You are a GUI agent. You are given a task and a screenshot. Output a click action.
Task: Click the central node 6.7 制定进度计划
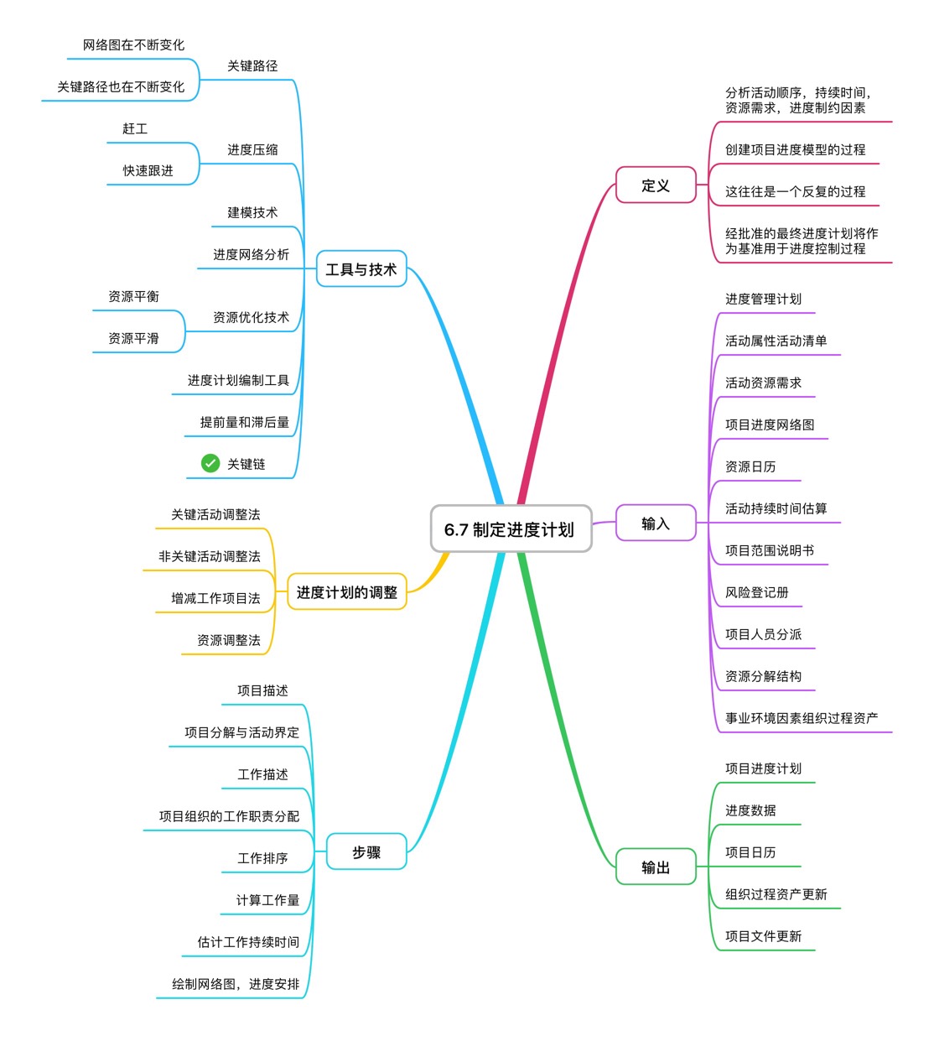click(x=511, y=529)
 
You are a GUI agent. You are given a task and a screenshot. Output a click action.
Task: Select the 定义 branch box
click(x=656, y=185)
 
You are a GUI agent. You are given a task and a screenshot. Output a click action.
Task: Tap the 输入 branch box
click(x=656, y=523)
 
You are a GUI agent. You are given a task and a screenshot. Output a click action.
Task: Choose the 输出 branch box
click(x=656, y=867)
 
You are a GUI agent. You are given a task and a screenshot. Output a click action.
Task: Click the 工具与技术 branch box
click(x=361, y=269)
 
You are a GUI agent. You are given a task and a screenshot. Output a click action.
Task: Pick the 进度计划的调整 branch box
click(x=346, y=592)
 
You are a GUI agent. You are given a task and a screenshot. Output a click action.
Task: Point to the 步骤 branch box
click(x=366, y=852)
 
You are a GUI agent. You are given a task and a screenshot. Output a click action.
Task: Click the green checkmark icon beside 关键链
click(x=210, y=463)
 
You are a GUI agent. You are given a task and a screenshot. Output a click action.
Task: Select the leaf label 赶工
click(x=135, y=128)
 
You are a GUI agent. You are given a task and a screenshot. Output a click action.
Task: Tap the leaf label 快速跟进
click(x=148, y=170)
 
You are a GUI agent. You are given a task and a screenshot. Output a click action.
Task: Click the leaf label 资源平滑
click(x=133, y=338)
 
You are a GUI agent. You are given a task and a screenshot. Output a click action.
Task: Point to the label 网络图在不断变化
click(x=133, y=44)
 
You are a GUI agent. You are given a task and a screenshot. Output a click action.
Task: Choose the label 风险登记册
click(x=757, y=592)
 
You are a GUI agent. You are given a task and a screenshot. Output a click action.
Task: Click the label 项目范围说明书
click(x=770, y=550)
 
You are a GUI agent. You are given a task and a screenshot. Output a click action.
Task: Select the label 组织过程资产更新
click(x=776, y=894)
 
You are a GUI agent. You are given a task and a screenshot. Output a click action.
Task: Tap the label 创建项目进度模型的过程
click(x=795, y=149)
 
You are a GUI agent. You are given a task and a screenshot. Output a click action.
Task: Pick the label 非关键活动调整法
click(x=210, y=556)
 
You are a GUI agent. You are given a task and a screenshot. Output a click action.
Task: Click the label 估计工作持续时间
click(x=248, y=942)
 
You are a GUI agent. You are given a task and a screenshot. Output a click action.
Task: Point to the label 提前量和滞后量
click(x=245, y=422)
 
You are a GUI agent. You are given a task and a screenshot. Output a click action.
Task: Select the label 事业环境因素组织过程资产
click(x=802, y=718)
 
